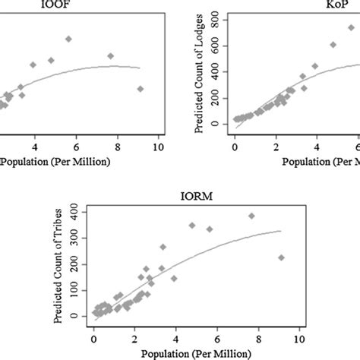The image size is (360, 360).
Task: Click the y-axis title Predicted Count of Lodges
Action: tap(200, 76)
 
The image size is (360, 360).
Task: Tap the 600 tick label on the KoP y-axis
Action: tap(219, 44)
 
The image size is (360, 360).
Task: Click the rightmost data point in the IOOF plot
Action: tap(141, 89)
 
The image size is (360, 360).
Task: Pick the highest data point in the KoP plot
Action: tap(352, 28)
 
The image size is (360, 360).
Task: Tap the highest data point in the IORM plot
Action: tap(251, 216)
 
